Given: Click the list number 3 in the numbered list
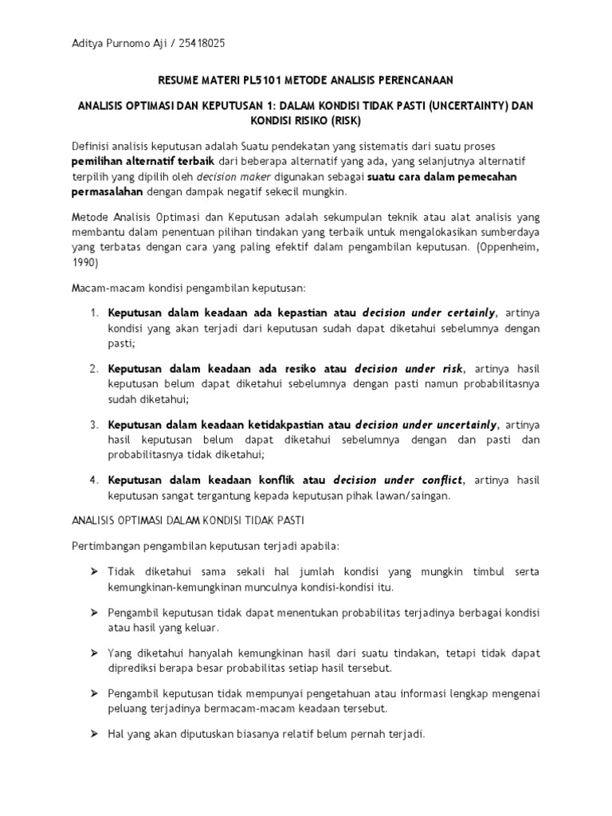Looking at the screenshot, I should click(93, 424).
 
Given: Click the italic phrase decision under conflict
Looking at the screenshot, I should click(398, 480).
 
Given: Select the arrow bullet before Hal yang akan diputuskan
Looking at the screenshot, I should click(93, 736).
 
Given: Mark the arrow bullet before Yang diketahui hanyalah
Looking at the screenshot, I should click(93, 653).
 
